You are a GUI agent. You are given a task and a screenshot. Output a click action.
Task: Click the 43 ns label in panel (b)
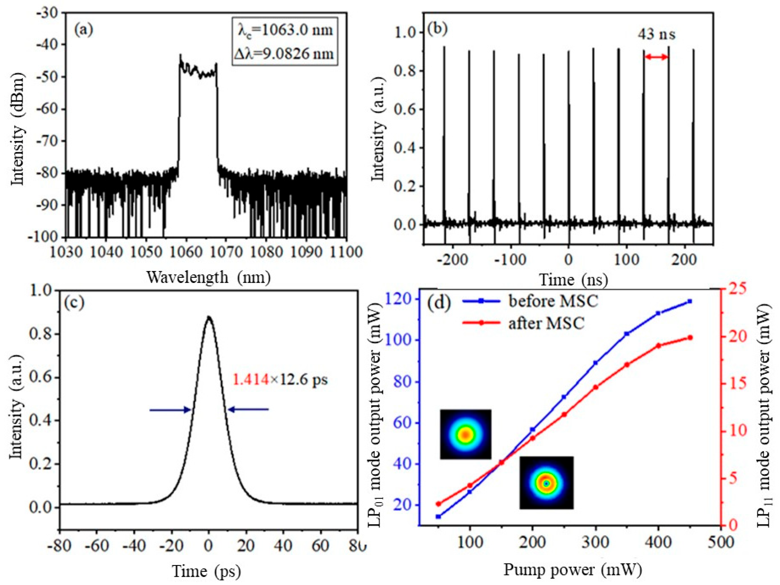(656, 34)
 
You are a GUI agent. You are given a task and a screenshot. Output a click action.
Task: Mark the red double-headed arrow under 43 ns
(656, 57)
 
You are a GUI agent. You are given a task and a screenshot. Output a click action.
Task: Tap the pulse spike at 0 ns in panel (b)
(569, 141)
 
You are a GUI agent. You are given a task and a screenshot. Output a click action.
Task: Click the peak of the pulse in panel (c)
(209, 317)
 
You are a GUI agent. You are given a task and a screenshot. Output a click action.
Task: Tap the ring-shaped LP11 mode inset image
(546, 483)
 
